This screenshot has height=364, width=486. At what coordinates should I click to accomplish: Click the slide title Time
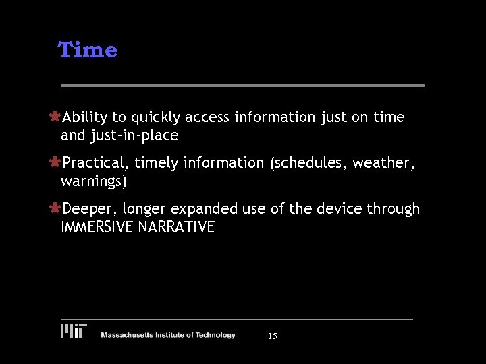point(88,50)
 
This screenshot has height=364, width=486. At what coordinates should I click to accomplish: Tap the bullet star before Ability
point(55,117)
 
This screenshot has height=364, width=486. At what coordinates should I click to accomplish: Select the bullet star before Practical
point(55,162)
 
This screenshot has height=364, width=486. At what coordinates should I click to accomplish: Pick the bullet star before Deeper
point(55,209)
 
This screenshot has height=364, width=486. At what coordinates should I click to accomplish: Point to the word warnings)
point(94,181)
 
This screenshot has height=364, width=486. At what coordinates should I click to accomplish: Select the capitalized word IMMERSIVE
point(97,227)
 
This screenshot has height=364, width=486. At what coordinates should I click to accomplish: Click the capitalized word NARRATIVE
point(176,227)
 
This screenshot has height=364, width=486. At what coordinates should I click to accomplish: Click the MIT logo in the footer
point(74,330)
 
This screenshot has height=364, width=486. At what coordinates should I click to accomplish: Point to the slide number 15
point(273,336)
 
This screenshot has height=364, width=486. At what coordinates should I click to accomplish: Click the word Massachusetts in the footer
point(126,335)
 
